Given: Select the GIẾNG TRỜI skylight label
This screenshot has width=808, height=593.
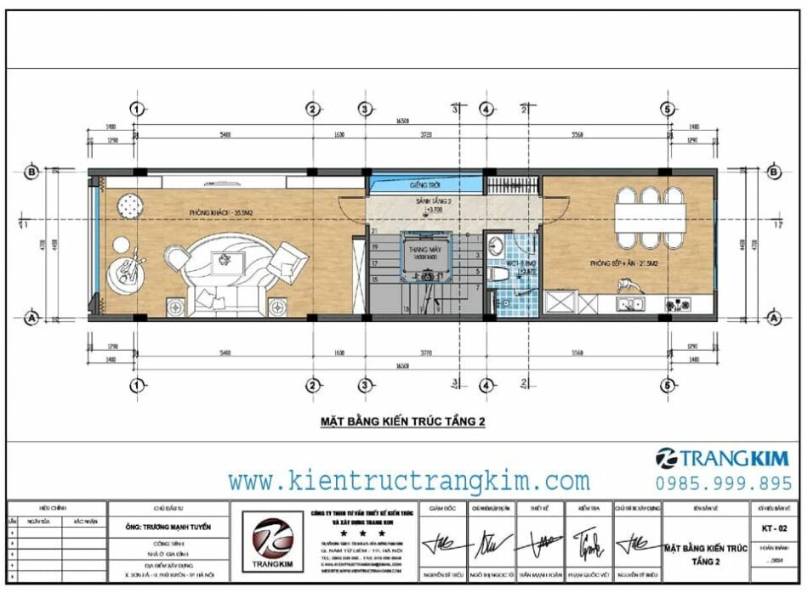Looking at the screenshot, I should [423, 185].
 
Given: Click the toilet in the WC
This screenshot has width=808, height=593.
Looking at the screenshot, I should [503, 274].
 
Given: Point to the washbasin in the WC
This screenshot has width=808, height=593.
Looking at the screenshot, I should [495, 247].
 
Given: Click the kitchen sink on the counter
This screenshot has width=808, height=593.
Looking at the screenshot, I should [631, 303].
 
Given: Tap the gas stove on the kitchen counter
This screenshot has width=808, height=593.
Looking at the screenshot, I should [678, 303].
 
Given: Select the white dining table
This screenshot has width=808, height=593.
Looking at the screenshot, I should [652, 213].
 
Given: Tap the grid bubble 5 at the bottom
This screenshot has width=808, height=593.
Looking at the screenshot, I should [668, 386].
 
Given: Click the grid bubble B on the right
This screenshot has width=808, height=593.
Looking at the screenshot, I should [774, 172].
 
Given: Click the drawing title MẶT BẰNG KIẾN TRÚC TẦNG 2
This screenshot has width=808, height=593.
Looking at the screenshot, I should [401, 421].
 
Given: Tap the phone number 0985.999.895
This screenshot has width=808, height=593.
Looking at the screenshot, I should [723, 483].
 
